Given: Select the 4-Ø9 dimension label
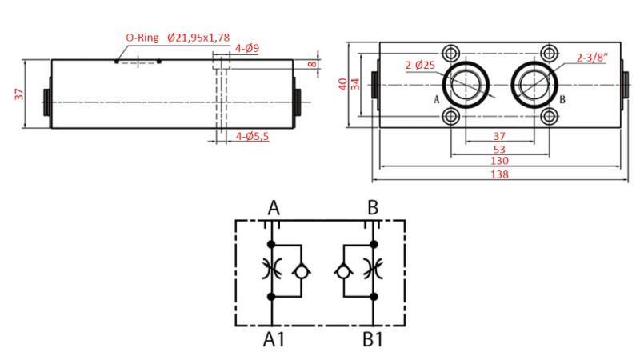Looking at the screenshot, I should pos(247,48).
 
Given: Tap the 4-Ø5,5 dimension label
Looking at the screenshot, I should pos(252,137).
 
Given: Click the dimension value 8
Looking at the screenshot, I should pos(313,64).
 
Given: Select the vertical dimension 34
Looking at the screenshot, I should pos(356,84).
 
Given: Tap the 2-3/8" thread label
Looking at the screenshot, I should pos(592,57).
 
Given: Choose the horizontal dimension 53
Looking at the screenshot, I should pos(499,149).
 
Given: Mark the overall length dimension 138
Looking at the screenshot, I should pos(499,174).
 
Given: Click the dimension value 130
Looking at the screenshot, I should pos(499,161).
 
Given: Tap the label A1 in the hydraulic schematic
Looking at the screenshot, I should pos(274,339).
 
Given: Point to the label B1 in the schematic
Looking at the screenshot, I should pos(373,339).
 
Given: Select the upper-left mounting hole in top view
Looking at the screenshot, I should pos(452,53).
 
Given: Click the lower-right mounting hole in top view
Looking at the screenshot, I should pos(548,117).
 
